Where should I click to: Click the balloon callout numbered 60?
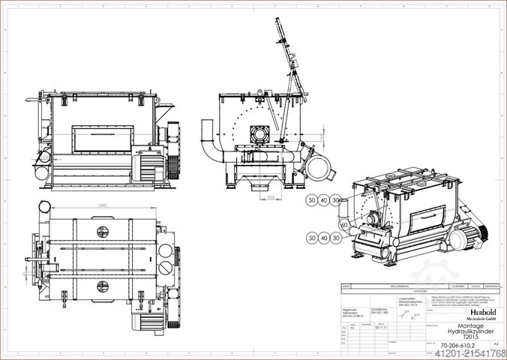click(343, 224)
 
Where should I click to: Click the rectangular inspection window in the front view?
click(101, 137)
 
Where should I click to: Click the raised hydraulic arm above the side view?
click(288, 56)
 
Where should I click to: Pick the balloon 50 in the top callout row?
click(311, 200)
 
